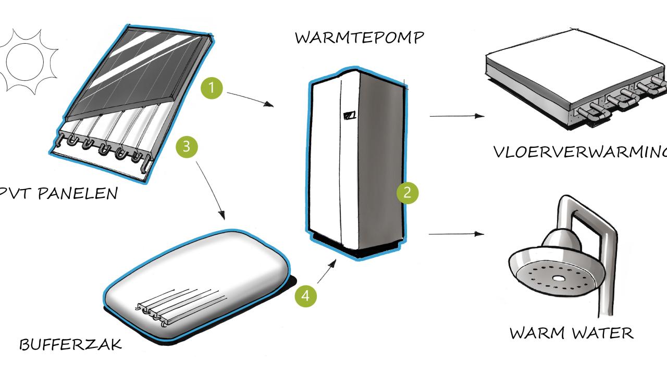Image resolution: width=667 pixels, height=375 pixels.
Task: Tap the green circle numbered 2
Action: tap(407, 193)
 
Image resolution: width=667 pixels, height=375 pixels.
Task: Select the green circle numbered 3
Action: tap(188, 147)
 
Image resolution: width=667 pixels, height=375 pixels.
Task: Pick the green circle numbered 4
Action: tap(306, 296)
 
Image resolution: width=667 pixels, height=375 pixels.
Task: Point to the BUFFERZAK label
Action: tap(71, 344)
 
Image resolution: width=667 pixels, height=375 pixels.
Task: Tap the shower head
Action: tap(552, 271)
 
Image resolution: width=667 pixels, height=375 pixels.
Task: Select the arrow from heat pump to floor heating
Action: tap(457, 116)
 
